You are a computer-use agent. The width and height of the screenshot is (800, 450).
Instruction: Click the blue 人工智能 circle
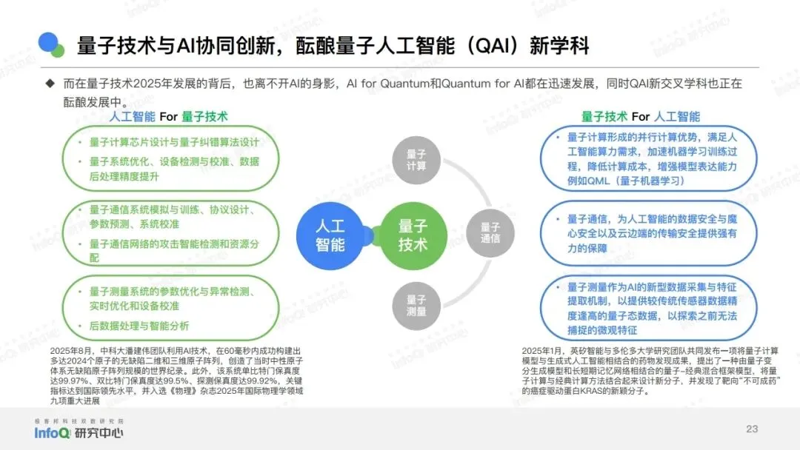coord(330,235)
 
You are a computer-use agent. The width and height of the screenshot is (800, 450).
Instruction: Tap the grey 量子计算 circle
coord(416,160)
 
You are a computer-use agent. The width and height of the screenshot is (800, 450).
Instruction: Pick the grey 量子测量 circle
coord(416,305)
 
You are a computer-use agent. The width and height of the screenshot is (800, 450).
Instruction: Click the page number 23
coord(752,429)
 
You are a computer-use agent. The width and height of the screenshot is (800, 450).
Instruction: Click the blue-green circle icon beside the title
coord(52,45)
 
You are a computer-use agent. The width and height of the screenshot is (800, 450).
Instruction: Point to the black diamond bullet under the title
coord(50,84)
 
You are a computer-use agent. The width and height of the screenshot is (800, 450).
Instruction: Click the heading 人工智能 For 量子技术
coord(169,116)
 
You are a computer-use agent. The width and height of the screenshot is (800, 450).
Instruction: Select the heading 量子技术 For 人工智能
coord(640,116)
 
